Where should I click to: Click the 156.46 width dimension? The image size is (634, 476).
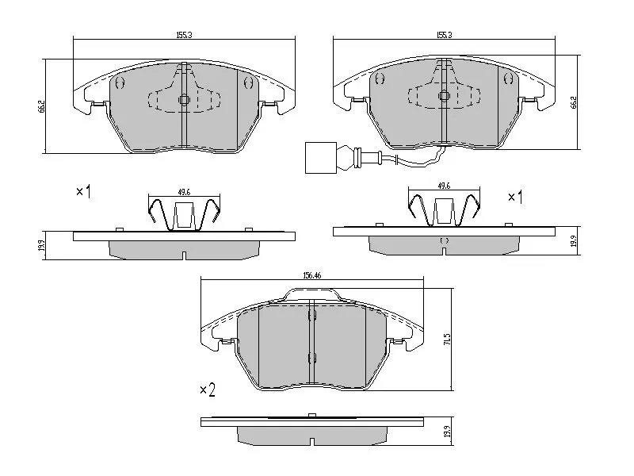coord(311,275)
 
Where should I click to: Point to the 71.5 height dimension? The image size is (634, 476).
coord(448,339)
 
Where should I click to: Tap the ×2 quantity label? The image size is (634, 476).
coord(207,390)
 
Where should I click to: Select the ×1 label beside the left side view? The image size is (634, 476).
coord(83,191)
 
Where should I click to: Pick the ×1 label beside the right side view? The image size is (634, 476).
coord(516,196)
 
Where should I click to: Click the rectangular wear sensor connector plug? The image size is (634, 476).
coord(319,156)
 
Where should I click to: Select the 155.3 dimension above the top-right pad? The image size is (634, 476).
coord(445,35)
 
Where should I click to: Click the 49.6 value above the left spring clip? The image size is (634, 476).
coord(184,191)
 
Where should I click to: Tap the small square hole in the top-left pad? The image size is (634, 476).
coord(183,100)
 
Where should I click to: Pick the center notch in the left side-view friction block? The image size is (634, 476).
coord(184,255)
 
